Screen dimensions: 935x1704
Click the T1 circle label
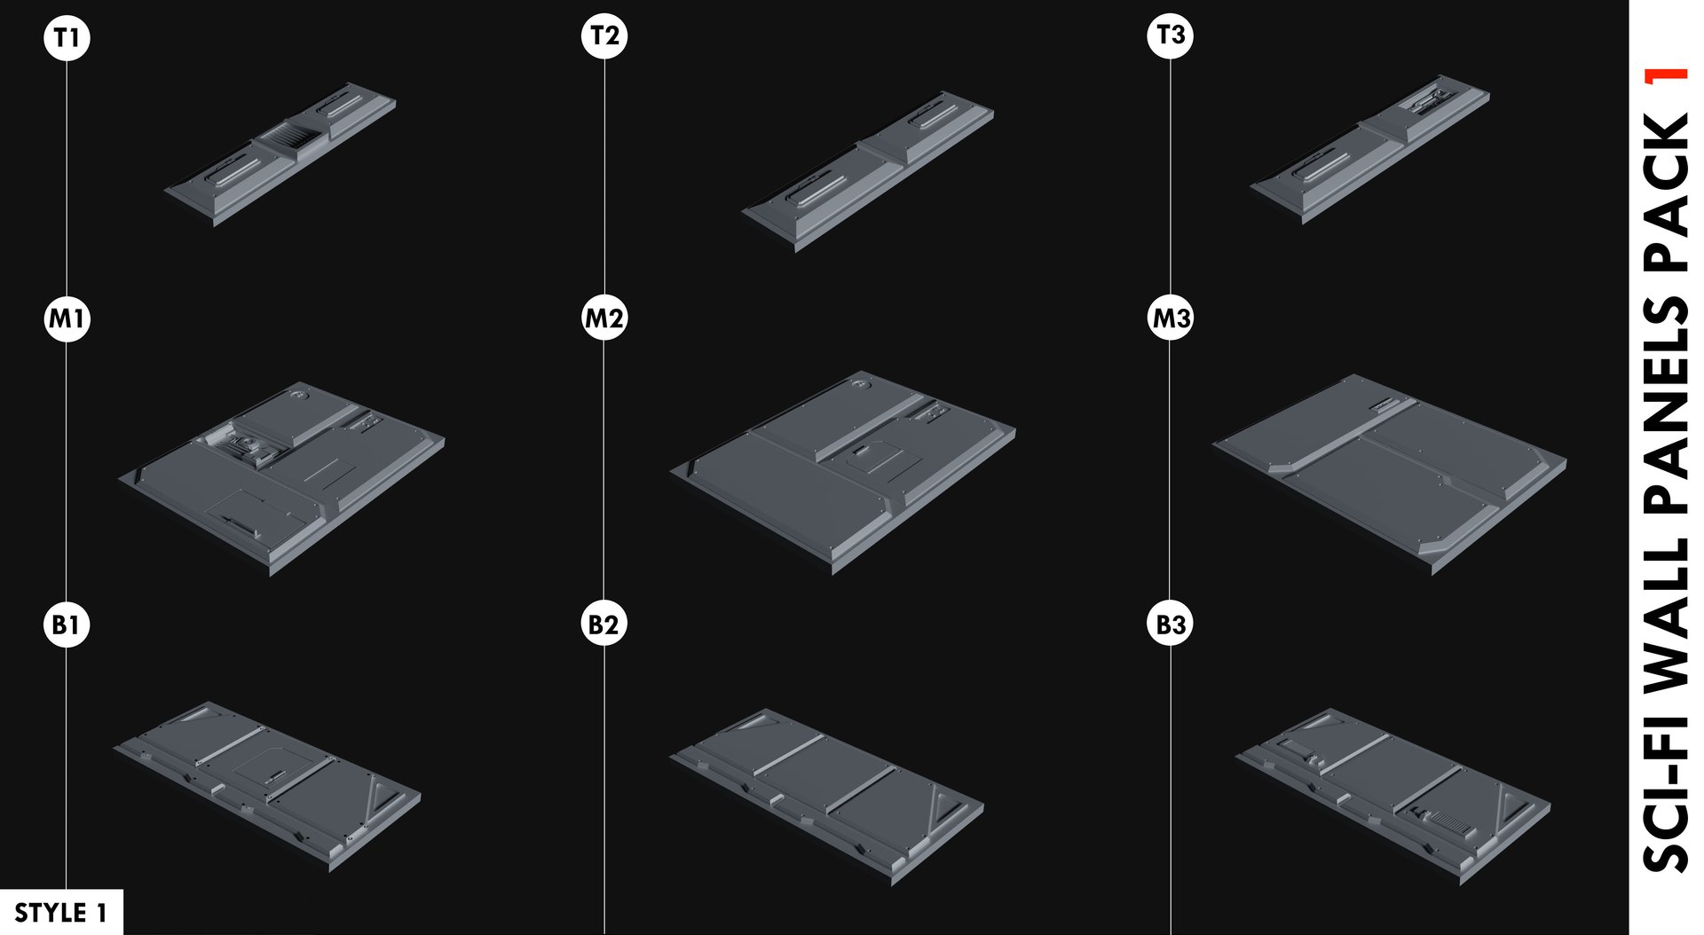coord(67,37)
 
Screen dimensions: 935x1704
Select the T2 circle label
coord(604,35)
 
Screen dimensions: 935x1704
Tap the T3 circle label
coord(1170,35)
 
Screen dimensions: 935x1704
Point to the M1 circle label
coord(67,318)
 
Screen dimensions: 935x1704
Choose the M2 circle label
coord(604,318)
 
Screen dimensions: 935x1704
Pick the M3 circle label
coord(1170,318)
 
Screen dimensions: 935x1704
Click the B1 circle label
coord(67,625)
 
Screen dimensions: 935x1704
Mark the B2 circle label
coord(604,624)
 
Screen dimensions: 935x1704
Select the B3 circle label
coord(1170,624)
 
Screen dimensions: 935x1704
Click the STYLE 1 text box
coord(60,912)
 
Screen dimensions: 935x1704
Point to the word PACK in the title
coord(1666,191)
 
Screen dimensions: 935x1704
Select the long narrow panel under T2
coord(868,169)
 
